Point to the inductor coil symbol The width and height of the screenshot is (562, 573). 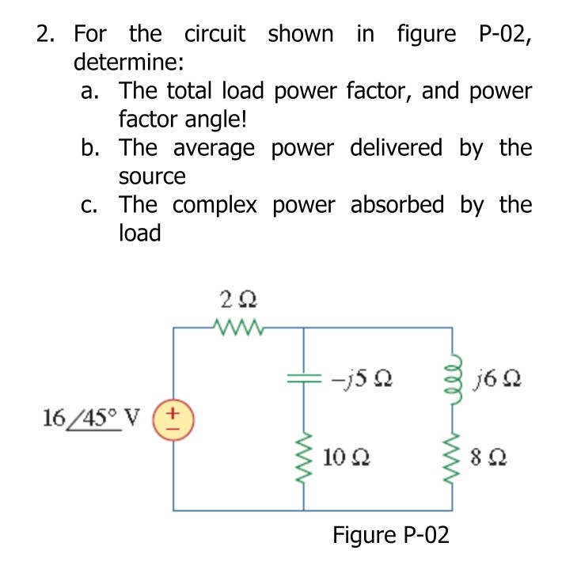pos(453,382)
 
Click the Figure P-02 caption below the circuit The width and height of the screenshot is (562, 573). pos(390,536)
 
